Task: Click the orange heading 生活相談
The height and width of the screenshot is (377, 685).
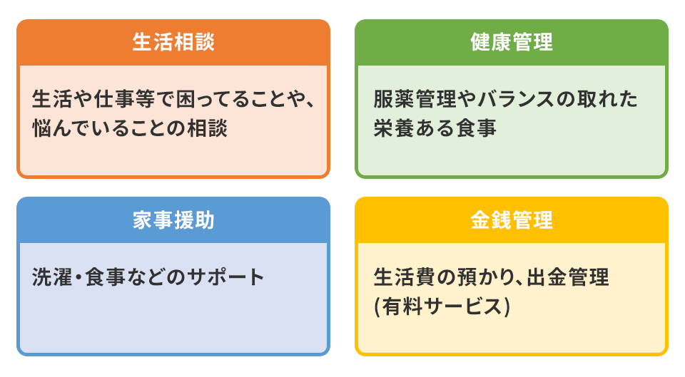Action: tap(173, 42)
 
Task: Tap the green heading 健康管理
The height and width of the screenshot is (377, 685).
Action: tap(512, 42)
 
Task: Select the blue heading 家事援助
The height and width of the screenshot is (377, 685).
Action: tap(173, 220)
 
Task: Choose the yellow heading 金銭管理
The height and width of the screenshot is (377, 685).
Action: tap(512, 220)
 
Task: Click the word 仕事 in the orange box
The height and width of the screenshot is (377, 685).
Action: tap(114, 99)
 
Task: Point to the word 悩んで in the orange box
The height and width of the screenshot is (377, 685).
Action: tap(63, 128)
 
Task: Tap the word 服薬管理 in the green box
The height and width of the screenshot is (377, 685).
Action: tap(415, 99)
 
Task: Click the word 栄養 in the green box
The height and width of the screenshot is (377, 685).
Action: tap(394, 128)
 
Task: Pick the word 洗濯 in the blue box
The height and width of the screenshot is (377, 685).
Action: tap(52, 277)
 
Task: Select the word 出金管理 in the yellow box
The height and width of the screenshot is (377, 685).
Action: tap(567, 277)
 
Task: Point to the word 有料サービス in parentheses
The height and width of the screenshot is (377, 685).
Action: tap(442, 306)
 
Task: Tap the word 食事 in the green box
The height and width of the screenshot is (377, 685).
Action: tap(476, 128)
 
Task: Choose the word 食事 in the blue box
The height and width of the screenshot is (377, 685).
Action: tap(106, 277)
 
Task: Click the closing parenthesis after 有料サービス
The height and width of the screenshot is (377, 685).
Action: tap(507, 306)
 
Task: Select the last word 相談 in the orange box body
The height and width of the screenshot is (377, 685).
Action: tap(207, 128)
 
